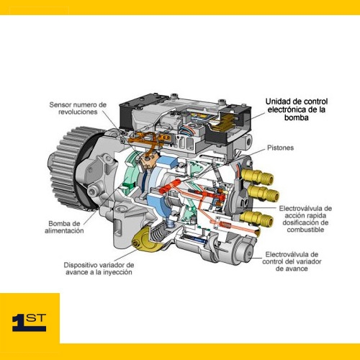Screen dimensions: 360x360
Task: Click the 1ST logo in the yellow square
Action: click(29, 322)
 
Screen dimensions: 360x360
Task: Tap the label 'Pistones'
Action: click(280, 148)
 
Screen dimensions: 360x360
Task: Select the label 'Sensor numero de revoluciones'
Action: click(78, 108)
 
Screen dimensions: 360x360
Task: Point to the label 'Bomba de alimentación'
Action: click(64, 227)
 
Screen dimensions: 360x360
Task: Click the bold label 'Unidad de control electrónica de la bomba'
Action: click(297, 109)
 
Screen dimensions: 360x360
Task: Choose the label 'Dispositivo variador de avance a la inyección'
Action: click(99, 269)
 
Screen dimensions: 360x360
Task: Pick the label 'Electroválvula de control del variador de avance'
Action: click(292, 261)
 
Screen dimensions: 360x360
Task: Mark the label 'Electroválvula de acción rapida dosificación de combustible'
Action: click(305, 219)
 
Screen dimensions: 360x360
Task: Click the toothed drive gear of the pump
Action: click(70, 168)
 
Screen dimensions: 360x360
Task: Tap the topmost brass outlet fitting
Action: click(258, 176)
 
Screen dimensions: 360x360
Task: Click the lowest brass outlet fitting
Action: click(257, 217)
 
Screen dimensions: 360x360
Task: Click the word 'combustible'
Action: click(305, 230)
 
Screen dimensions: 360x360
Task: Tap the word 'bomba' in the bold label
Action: click(297, 117)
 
